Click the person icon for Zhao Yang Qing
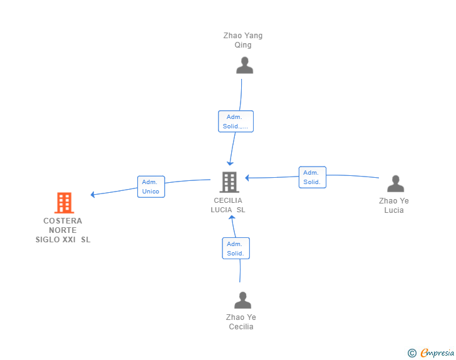point(244,65)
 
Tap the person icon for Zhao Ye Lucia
point(395,183)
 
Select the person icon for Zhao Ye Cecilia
point(242,300)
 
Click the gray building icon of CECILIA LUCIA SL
point(229,182)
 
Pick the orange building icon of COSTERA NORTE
point(64,203)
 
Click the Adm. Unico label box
point(151,187)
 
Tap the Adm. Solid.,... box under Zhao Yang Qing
point(236,121)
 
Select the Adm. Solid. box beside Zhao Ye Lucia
point(312,177)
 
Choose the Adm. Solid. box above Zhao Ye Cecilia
point(236,248)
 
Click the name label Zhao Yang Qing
point(243,40)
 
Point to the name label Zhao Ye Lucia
point(394,205)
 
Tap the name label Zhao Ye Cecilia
point(241,322)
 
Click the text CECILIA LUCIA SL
point(228,205)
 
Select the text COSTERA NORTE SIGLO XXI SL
point(63,230)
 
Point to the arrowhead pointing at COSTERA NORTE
point(93,194)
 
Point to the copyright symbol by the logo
point(412,353)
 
